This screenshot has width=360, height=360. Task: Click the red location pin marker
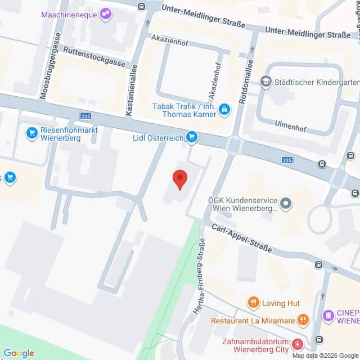click(x=179, y=178)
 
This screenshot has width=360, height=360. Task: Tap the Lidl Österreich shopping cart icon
click(x=192, y=136)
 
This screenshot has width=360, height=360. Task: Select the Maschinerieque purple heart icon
click(x=105, y=15)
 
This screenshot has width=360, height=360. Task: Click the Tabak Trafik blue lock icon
click(x=224, y=109)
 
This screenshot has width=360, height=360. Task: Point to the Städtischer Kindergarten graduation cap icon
click(x=264, y=82)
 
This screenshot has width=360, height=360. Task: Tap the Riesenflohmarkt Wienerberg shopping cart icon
click(x=31, y=133)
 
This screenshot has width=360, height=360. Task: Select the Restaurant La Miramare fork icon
click(x=303, y=320)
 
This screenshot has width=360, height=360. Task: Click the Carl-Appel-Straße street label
click(x=241, y=238)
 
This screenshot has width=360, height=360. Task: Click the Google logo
click(x=19, y=353)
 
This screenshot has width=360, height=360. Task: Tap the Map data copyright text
click(x=324, y=355)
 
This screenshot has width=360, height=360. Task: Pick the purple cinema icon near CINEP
click(x=328, y=314)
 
